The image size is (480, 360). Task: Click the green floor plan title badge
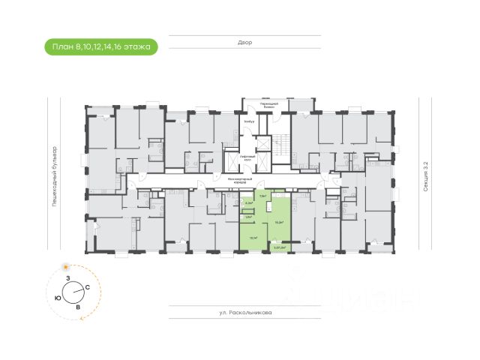[x=101, y=46]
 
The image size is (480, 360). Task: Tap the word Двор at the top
[x=242, y=43]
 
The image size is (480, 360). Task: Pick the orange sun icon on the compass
[x=66, y=267]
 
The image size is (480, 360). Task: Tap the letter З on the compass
[x=68, y=278]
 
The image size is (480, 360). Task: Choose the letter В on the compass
[x=78, y=306]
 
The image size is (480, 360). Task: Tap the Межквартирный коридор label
[x=237, y=181]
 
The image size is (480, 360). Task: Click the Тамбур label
[x=249, y=121]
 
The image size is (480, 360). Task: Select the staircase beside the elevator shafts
[x=280, y=147]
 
